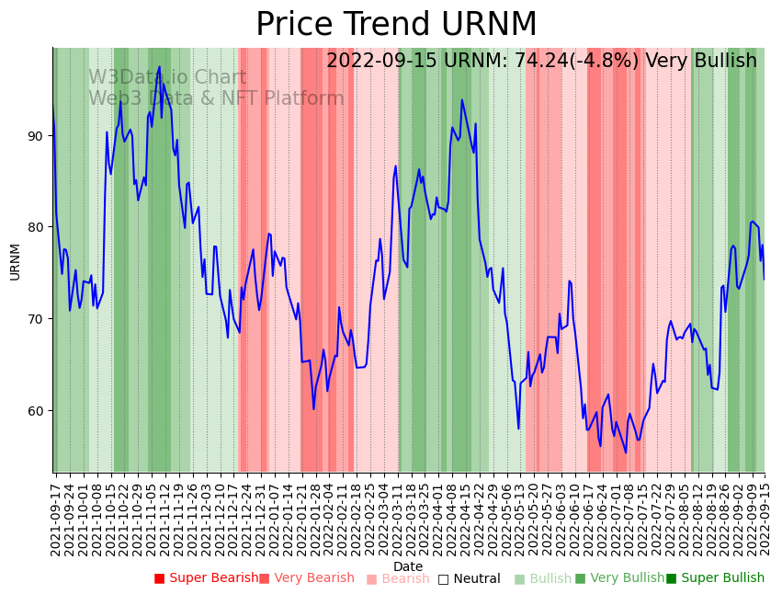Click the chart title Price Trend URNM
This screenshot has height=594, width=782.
(395, 25)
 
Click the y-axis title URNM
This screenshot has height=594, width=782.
(15, 261)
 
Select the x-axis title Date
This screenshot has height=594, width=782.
(408, 566)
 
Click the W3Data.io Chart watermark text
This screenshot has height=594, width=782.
(167, 78)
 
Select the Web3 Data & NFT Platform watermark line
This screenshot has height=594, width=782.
(216, 98)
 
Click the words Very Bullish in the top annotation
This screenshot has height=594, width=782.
(701, 62)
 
